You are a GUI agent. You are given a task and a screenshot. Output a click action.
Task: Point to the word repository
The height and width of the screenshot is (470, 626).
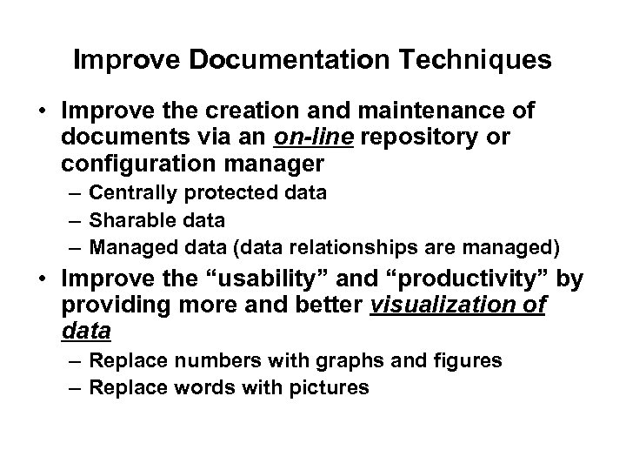[x=443, y=138]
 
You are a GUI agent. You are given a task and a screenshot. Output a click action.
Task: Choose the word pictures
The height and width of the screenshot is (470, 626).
[x=329, y=387]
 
